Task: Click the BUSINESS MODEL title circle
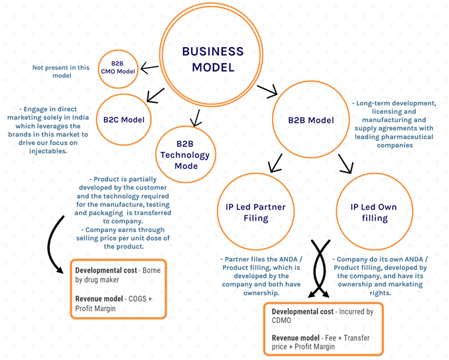coord(212,58)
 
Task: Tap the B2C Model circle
coord(123,120)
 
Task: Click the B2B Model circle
coord(310,120)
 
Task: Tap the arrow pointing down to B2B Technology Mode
coord(195,119)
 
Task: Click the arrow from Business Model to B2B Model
coord(267,91)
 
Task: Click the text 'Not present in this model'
coord(61,71)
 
